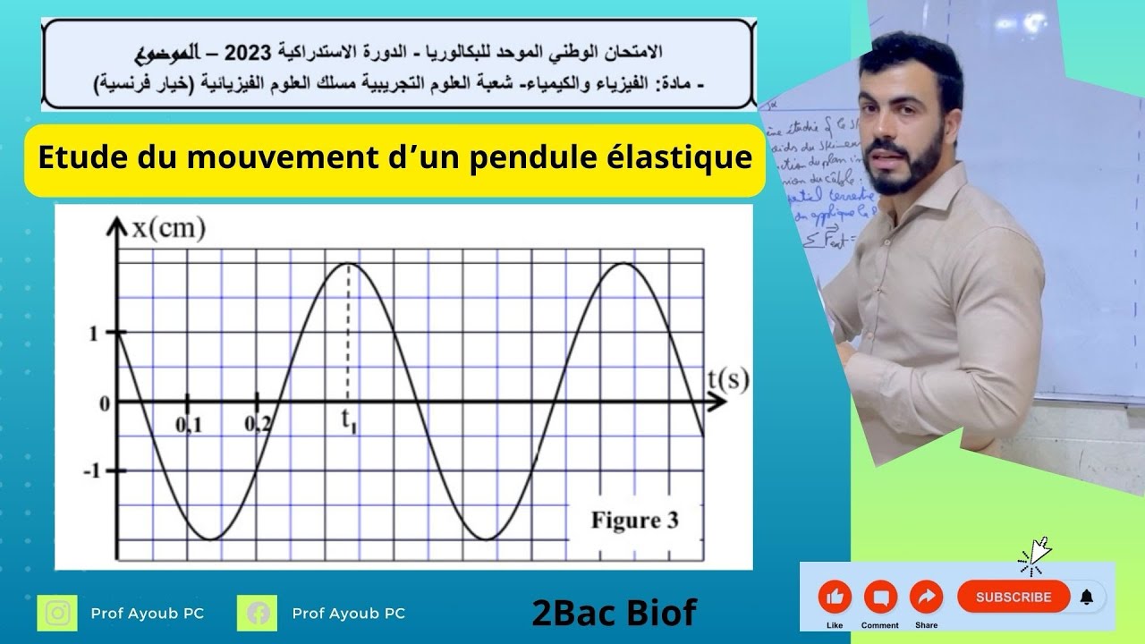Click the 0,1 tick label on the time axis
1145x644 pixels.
(188, 426)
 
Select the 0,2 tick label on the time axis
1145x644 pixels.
(258, 426)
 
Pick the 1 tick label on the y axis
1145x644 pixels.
(92, 334)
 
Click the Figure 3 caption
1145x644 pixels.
(634, 520)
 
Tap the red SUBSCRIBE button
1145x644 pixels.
(1013, 597)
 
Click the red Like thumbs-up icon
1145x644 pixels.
(835, 597)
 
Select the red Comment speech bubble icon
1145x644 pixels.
(880, 597)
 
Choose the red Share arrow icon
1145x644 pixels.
(926, 597)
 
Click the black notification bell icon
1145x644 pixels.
(1087, 597)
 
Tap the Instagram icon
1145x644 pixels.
(57, 614)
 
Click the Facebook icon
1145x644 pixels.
(258, 614)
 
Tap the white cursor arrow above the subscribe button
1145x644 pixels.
(1038, 551)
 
